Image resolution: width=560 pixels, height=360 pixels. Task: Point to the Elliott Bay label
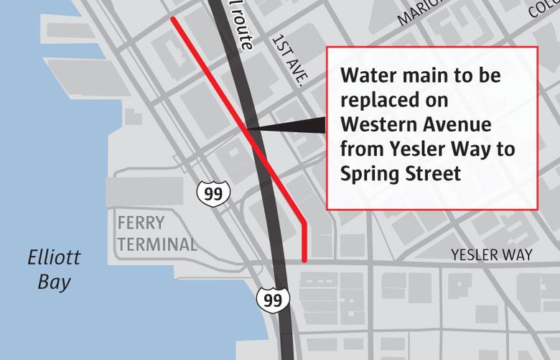click(x=55, y=269)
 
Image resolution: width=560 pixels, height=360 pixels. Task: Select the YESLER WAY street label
click(x=492, y=255)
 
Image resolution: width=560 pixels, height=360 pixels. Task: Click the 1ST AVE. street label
click(x=288, y=62)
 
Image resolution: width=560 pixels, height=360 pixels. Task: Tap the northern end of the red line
click(x=173, y=20)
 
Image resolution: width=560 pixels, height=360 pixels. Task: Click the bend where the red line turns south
click(x=305, y=223)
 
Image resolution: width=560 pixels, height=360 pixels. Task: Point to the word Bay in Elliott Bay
click(x=55, y=282)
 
